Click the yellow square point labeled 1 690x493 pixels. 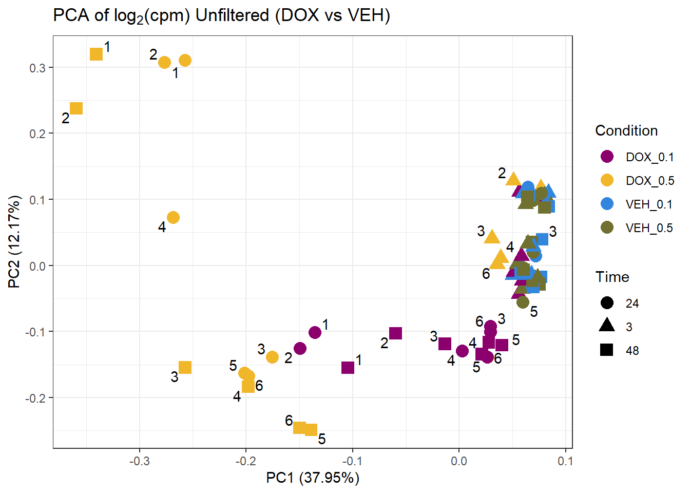click(x=96, y=54)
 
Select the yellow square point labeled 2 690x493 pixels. click(x=76, y=108)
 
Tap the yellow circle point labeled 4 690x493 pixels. click(x=173, y=218)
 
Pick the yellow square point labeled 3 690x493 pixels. click(x=185, y=367)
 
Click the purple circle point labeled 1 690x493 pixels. click(x=315, y=332)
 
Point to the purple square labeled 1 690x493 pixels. click(x=348, y=368)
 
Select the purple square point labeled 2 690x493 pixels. click(x=395, y=333)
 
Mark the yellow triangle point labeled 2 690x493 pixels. click(x=513, y=179)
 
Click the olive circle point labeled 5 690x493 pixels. click(x=523, y=302)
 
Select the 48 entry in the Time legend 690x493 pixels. click(x=632, y=351)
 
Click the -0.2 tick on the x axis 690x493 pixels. click(x=245, y=461)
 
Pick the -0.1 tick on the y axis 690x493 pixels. click(x=37, y=332)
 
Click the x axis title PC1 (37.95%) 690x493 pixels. click(x=312, y=478)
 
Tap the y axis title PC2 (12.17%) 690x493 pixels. click(x=14, y=241)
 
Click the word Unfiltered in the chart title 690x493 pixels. click(x=232, y=15)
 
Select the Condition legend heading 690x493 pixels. click(x=626, y=130)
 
